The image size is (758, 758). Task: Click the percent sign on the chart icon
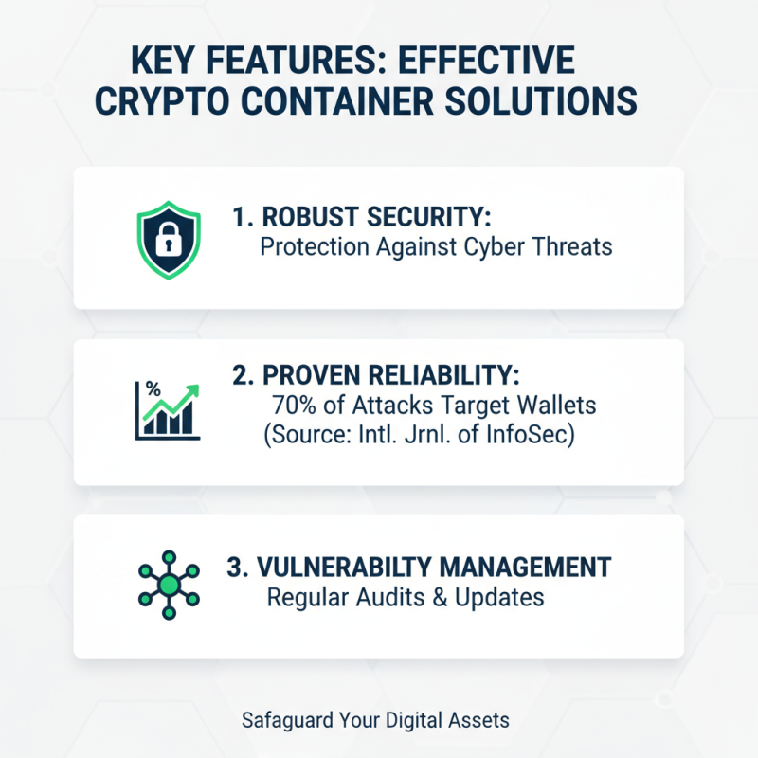coord(150,388)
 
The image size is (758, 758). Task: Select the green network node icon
coord(168,585)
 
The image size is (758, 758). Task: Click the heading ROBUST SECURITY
coord(362,217)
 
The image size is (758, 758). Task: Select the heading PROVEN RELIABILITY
coord(375,373)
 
